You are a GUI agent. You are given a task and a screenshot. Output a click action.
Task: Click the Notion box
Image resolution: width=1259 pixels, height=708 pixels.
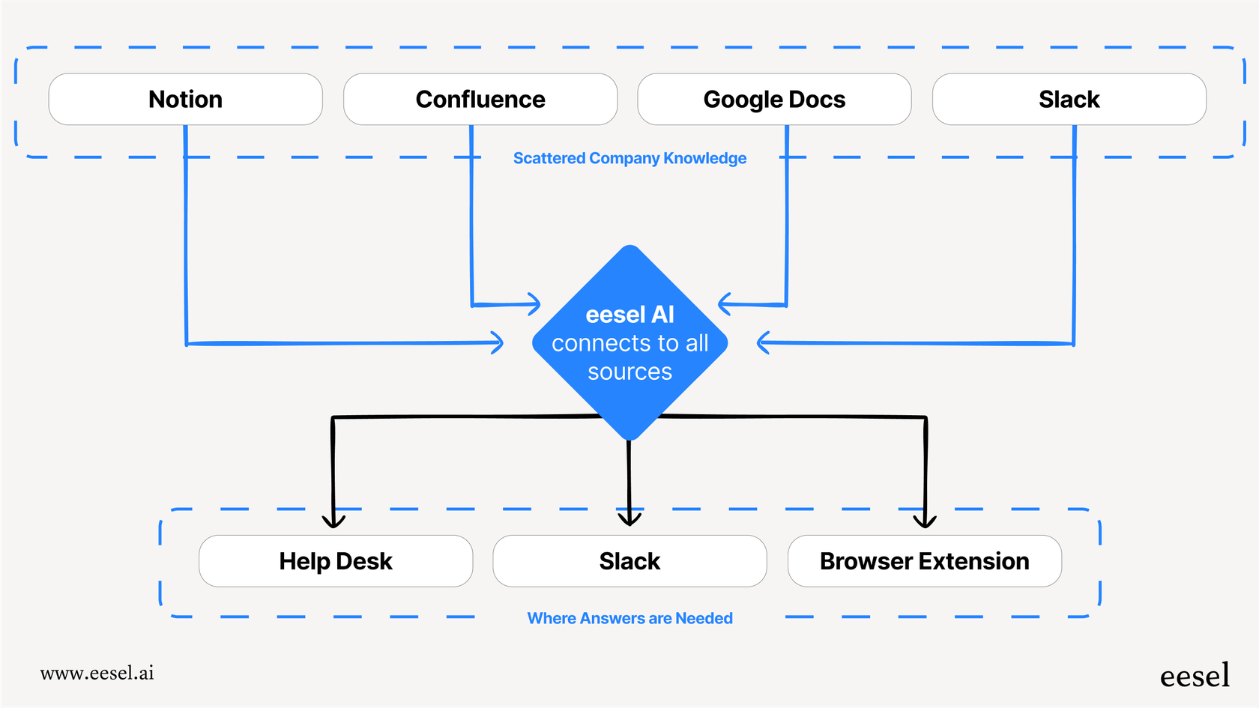(x=185, y=99)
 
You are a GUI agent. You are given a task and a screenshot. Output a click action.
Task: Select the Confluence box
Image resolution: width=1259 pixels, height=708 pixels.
(x=480, y=99)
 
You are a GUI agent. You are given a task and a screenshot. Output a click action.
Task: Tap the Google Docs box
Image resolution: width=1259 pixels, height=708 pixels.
(x=774, y=99)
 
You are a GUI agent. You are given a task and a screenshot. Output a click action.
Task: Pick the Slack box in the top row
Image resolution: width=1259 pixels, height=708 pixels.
(x=1069, y=99)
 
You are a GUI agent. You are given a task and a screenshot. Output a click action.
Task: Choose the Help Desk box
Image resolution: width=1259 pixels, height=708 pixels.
(x=336, y=561)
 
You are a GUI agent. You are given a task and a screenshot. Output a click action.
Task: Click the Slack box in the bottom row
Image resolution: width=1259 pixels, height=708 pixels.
(x=629, y=561)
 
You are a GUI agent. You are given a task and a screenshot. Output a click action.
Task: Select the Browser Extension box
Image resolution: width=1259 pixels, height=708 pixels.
(x=924, y=561)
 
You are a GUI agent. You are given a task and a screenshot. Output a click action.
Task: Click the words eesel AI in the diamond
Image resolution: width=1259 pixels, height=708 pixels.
(x=629, y=315)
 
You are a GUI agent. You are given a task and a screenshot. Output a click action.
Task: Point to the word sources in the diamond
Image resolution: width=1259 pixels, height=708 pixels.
(x=629, y=372)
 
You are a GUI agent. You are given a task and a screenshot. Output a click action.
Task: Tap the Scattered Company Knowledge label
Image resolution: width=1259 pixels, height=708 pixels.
(x=629, y=158)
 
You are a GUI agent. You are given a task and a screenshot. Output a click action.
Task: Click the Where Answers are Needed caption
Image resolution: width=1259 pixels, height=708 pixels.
(x=629, y=618)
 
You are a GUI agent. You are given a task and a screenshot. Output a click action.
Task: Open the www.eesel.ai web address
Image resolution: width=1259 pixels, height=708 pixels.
(x=97, y=673)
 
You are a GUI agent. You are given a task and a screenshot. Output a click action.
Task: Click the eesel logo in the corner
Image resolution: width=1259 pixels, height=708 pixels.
(x=1195, y=676)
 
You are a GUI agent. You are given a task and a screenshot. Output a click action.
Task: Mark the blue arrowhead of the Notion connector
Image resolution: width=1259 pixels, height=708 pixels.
(x=498, y=342)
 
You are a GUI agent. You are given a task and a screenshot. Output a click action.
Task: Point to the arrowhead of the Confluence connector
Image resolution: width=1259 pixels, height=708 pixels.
(x=535, y=304)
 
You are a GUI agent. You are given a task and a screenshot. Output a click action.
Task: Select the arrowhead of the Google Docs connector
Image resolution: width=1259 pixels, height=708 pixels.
(x=723, y=303)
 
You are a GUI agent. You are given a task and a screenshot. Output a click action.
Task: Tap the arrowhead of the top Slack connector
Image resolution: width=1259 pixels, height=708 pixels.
(x=762, y=342)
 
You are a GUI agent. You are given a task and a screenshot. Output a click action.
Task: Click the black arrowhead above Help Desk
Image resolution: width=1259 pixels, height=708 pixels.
(x=333, y=521)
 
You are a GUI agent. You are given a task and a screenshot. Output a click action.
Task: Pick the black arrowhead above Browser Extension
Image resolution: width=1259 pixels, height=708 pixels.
(x=925, y=520)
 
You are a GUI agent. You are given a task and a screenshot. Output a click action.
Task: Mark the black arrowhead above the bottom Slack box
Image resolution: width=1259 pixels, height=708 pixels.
(x=629, y=518)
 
